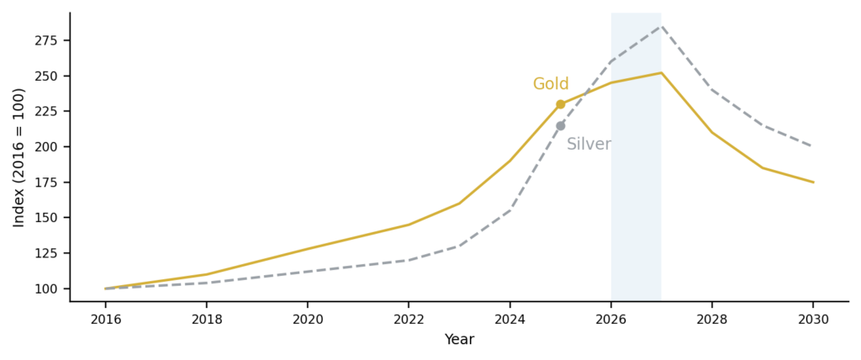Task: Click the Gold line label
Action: [x=551, y=84]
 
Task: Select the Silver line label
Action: [x=589, y=145]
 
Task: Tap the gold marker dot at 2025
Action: [x=561, y=104]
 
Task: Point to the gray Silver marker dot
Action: [x=561, y=125]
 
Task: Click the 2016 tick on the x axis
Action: [x=105, y=320]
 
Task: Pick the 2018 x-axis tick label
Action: [x=206, y=320]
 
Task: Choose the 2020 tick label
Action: [x=307, y=320]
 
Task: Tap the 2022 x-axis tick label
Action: [x=409, y=320]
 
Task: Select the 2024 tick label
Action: [x=510, y=320]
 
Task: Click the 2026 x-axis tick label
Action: [x=611, y=320]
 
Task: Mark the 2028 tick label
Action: [x=712, y=320]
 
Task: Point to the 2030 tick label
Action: [x=813, y=320]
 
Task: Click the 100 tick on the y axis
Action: [x=46, y=289]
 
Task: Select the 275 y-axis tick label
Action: [x=46, y=40]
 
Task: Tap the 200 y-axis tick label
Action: [x=46, y=147]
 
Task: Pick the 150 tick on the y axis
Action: [x=46, y=218]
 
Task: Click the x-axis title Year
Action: [x=459, y=340]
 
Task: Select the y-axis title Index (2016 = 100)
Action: [x=19, y=157]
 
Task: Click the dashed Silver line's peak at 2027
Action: [x=662, y=26]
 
